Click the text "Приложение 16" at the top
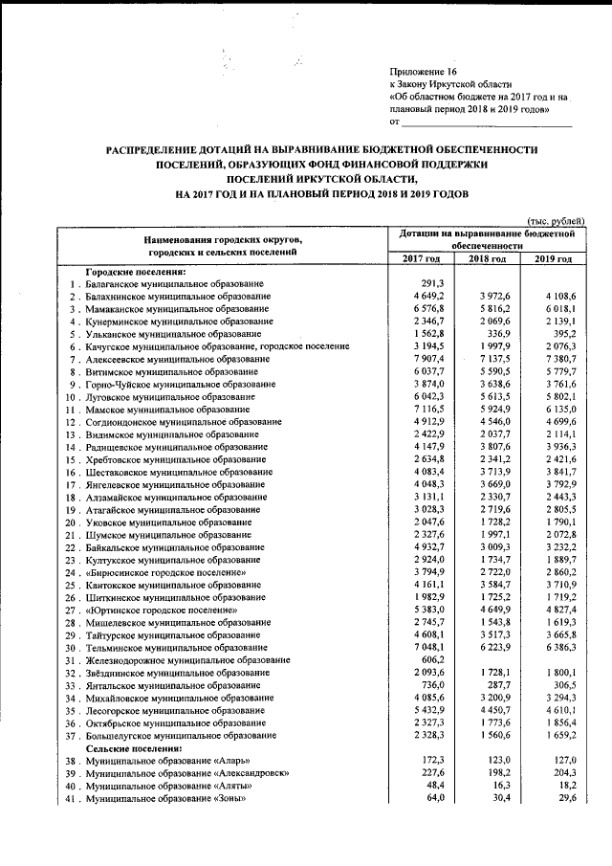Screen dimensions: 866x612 425,73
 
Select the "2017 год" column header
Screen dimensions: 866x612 421,259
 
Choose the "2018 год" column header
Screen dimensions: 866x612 487,259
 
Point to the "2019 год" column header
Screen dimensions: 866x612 553,259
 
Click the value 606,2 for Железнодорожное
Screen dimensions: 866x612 432,659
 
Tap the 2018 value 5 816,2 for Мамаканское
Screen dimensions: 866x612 492,310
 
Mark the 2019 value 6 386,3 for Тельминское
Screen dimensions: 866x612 557,647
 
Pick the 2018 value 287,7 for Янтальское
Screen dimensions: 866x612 495,685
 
